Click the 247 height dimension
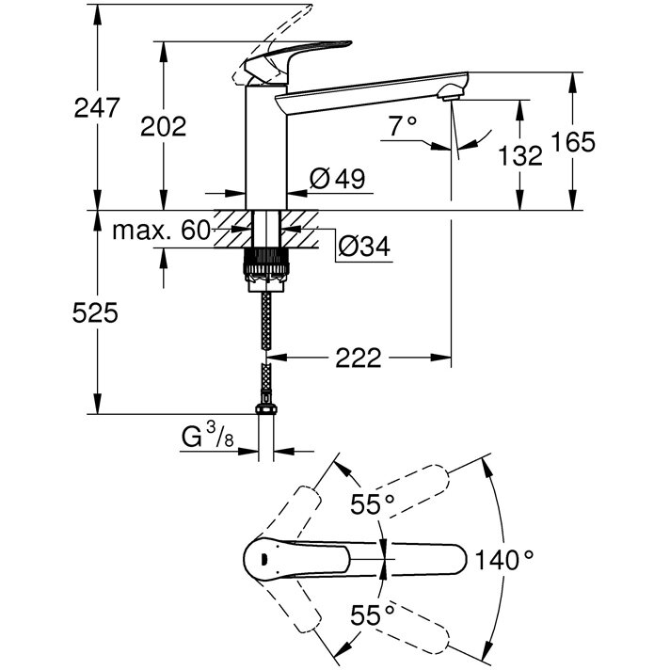97,106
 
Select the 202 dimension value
164,126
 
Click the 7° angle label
401,123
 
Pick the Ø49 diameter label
337,178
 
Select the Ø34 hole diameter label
363,246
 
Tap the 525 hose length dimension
98,313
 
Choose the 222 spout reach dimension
359,358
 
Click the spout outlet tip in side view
453,91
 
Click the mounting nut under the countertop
265,266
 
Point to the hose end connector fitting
266,410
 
